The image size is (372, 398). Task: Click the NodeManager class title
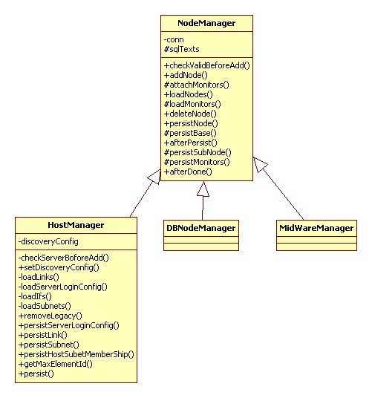point(206,23)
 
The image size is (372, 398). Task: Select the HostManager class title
point(76,225)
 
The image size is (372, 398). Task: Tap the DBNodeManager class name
point(201,228)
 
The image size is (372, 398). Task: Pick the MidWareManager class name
point(316,228)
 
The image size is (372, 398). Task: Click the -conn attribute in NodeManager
point(174,39)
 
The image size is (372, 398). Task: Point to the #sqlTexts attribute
point(182,49)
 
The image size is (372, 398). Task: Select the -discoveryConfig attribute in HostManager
point(48,241)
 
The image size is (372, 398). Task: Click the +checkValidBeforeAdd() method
point(207,65)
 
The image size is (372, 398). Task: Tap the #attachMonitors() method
point(197,85)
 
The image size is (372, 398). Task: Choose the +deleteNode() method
point(190,114)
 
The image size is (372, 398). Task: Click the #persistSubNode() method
point(198,152)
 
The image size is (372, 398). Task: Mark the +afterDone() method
point(188,172)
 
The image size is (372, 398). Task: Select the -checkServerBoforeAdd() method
point(63,258)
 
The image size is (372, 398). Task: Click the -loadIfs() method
point(35,296)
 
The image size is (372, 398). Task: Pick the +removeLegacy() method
point(50,316)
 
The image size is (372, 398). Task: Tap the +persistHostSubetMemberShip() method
point(76,354)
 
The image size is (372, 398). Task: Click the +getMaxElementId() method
point(56,364)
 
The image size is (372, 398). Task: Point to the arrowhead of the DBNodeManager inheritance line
point(203,189)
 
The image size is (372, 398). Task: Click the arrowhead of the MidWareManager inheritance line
point(260,164)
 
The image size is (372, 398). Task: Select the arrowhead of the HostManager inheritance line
point(154,177)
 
